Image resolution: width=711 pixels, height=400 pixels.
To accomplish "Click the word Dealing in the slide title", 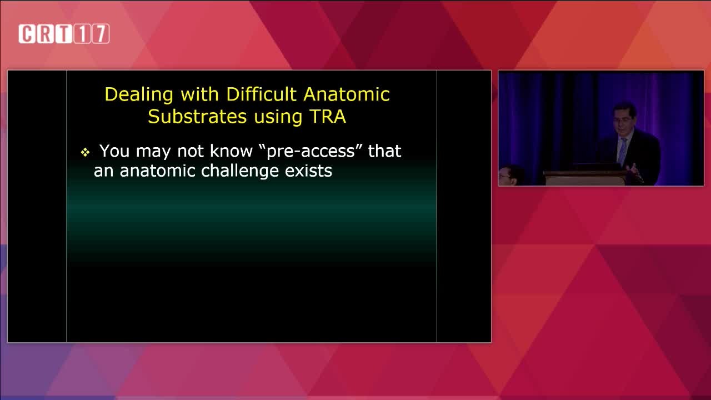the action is click(139, 95).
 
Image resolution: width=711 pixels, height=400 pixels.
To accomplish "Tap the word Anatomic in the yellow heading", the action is click(347, 94).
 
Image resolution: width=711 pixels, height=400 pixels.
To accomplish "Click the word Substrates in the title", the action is click(197, 116).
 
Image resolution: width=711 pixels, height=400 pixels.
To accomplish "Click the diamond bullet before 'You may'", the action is click(85, 153).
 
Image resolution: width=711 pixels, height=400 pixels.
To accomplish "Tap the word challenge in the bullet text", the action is click(239, 172).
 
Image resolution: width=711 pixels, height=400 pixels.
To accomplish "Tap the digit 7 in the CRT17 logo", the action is click(101, 34).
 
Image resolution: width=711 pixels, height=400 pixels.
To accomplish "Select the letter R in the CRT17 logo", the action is click(46, 34).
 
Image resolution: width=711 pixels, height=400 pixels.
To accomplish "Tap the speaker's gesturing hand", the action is click(633, 168).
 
